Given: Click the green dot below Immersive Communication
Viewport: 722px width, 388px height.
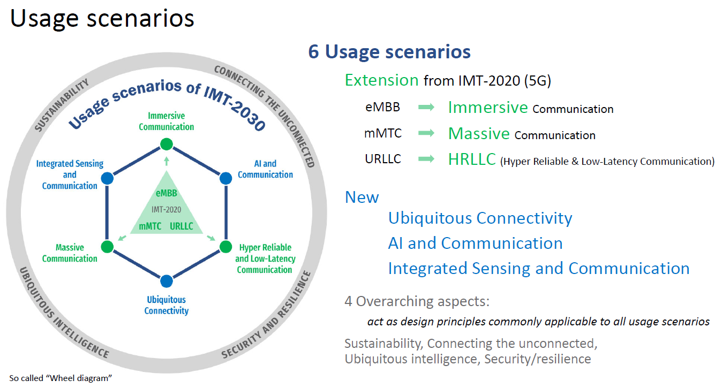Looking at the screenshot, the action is [x=167, y=144].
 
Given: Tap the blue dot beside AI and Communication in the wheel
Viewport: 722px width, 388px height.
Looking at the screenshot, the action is [x=225, y=178].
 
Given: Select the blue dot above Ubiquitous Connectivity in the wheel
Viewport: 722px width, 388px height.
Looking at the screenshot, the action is [x=167, y=281].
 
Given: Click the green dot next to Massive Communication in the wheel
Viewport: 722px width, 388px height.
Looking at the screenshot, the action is [x=107, y=247].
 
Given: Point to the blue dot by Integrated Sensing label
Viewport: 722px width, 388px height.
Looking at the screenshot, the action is [x=107, y=178].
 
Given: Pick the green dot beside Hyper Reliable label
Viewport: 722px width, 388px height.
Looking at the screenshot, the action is [x=225, y=247].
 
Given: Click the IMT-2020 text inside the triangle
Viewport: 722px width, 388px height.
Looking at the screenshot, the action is [x=167, y=210].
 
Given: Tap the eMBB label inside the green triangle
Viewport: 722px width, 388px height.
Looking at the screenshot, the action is [x=167, y=193].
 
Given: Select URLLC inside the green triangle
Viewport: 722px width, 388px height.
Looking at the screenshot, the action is [x=182, y=226].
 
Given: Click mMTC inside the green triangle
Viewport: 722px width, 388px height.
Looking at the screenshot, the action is [x=150, y=226].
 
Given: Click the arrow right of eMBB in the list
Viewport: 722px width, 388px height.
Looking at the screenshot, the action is [x=426, y=107].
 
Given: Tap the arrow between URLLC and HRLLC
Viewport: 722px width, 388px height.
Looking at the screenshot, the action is [x=426, y=158].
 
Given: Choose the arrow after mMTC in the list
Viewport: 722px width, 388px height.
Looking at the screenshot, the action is [x=426, y=133].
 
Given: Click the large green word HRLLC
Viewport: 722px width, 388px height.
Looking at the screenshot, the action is [x=472, y=159].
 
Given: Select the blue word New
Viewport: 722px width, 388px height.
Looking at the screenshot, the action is [x=362, y=197].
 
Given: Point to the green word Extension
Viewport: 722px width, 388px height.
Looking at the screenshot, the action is [x=382, y=80].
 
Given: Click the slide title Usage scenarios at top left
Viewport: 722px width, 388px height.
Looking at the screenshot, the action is [x=102, y=18].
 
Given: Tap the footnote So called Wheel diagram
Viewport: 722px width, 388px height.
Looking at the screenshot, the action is [x=61, y=378].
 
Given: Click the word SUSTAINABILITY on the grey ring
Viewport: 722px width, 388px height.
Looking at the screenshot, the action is [x=62, y=105].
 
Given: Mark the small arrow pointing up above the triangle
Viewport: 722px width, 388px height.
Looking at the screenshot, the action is [x=167, y=161].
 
